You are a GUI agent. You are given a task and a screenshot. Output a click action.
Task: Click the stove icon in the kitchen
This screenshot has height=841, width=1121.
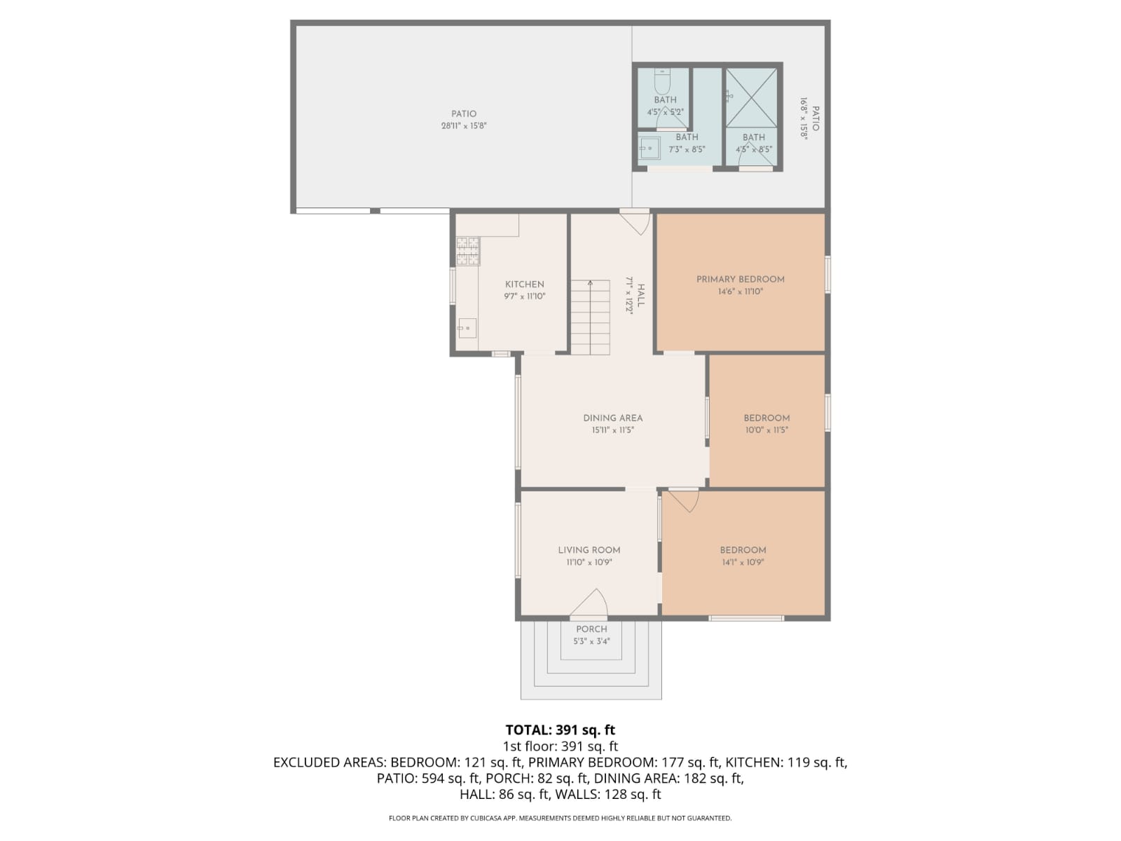[468, 251]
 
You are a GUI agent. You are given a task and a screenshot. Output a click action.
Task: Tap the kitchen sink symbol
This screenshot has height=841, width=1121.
[467, 327]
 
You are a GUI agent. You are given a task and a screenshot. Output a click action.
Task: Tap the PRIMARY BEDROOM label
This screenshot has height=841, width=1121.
[740, 279]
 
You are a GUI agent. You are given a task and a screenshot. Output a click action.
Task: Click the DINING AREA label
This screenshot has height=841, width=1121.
[612, 418]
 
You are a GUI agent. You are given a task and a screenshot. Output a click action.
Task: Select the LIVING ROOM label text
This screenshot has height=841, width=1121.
[589, 550]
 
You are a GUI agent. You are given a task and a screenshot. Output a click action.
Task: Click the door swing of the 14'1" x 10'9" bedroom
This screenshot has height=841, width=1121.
[684, 500]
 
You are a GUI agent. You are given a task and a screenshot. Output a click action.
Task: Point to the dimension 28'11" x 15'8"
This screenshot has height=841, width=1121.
[463, 126]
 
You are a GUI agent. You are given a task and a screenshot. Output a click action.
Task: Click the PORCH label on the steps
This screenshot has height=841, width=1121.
[591, 629]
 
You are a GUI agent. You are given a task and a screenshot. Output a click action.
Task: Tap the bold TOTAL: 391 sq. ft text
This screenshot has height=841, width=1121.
[560, 730]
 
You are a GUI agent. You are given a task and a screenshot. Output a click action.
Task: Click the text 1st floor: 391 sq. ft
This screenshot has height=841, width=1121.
[560, 746]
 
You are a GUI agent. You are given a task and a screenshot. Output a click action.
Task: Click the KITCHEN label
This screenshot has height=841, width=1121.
[524, 285]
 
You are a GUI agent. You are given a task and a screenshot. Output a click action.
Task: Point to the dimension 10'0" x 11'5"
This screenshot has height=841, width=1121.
[766, 430]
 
